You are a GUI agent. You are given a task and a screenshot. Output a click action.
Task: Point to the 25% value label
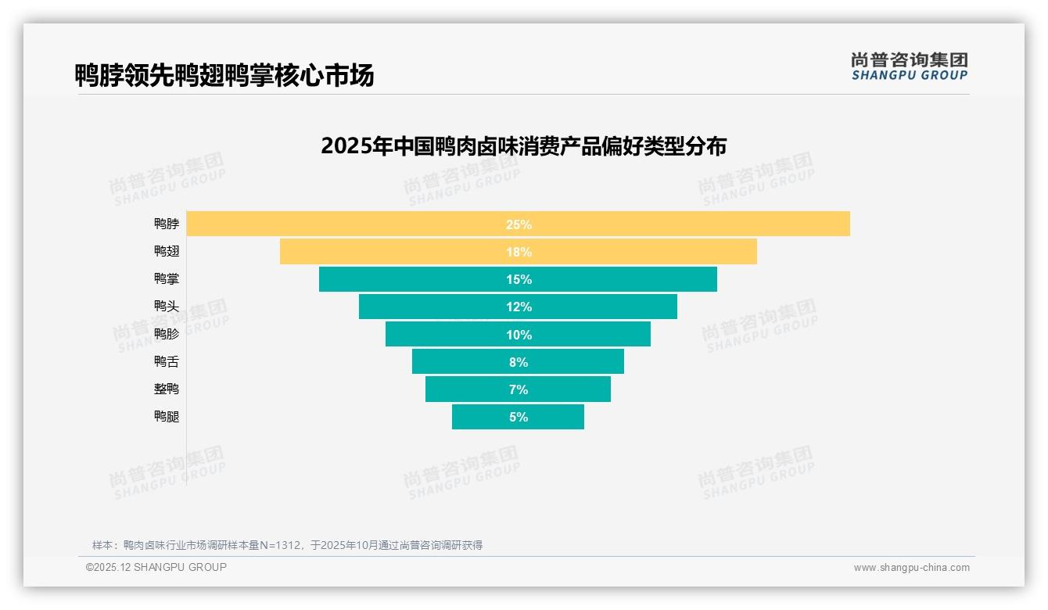[x=518, y=224]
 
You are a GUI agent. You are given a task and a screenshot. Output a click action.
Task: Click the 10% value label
[x=518, y=335]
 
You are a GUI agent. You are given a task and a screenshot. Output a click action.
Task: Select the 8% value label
[x=518, y=362]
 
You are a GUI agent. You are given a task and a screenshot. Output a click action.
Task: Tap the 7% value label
[x=518, y=389]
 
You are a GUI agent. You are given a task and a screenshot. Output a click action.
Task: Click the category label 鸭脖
[x=167, y=224]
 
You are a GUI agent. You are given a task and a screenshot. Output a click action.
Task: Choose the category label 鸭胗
[x=167, y=334]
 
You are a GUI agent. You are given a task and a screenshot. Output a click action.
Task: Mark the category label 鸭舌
[x=167, y=361]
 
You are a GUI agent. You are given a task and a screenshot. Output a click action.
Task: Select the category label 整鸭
[x=167, y=389]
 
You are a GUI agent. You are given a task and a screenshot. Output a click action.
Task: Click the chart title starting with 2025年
[x=523, y=146]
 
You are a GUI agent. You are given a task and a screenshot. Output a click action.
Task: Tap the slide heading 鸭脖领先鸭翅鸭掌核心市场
[x=224, y=75]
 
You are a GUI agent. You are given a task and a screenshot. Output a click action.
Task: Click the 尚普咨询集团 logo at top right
[x=909, y=66]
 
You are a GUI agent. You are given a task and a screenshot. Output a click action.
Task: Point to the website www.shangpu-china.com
[x=911, y=568]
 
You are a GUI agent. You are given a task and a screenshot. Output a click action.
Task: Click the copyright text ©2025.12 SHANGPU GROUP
[x=156, y=567]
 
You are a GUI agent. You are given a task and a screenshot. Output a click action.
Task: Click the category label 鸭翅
[x=167, y=251]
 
